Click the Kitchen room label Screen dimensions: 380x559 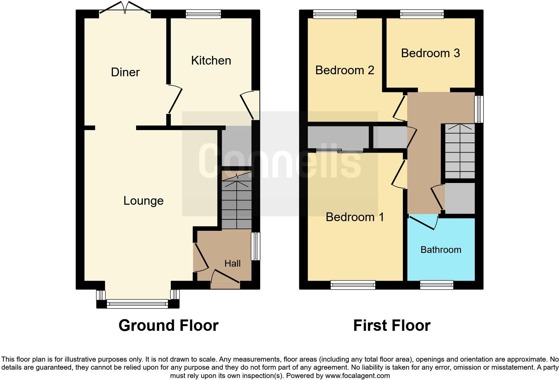pos(211,61)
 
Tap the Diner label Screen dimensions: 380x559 pos(125,72)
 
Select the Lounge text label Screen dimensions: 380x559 pos(143,201)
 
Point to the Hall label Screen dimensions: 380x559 pos(232,264)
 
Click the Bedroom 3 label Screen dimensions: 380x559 pos(430,53)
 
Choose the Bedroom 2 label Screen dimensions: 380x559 pos(344,70)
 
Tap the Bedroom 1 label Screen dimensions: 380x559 pos(355,217)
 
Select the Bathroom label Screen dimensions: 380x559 pos(441,250)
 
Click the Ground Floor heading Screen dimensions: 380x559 pos(168,325)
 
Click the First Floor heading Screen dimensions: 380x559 pos(392,325)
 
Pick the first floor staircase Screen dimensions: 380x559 pos(460,151)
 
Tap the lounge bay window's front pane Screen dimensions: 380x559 pos(137,304)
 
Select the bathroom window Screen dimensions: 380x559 pos(437,285)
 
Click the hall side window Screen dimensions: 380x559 pos(256,246)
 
